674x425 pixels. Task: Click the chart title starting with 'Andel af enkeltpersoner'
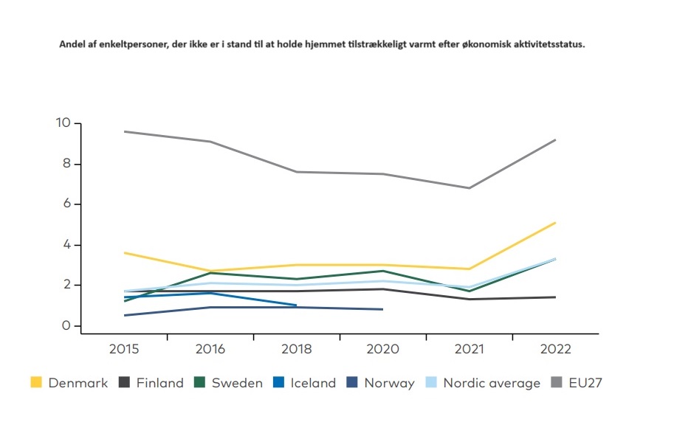point(322,44)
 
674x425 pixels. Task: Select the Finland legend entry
point(151,383)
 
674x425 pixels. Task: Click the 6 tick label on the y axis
point(66,204)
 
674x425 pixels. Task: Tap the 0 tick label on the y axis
point(66,325)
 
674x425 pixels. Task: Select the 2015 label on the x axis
point(124,349)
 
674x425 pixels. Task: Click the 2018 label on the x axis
point(296,349)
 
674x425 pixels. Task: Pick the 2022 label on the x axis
point(554,349)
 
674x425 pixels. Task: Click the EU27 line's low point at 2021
point(469,187)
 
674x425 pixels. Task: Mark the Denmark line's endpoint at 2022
point(555,222)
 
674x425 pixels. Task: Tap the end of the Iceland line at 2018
point(296,305)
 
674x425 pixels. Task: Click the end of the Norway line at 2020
point(382,309)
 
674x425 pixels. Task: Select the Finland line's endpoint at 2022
point(555,297)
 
